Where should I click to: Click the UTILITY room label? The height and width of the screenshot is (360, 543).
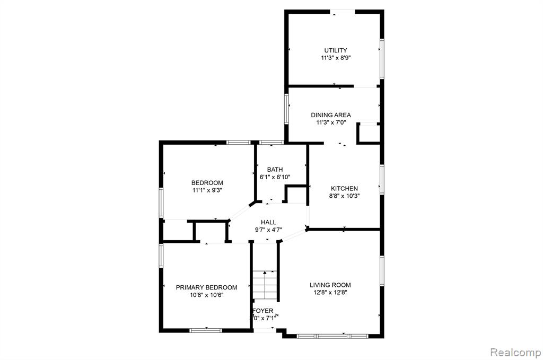[x=336, y=50]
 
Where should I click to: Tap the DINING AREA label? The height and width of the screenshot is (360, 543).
[x=331, y=115]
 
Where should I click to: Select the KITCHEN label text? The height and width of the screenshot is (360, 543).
[x=344, y=188]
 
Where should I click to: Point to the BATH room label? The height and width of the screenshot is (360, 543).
[x=275, y=169]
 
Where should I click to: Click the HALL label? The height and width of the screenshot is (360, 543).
[x=268, y=222]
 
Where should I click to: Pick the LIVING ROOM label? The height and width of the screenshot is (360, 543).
[x=330, y=285]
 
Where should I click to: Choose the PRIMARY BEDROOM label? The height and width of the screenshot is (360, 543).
[x=206, y=287]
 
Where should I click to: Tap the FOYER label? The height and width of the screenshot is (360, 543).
[x=263, y=311]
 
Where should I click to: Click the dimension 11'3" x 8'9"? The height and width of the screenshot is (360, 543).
[x=336, y=58]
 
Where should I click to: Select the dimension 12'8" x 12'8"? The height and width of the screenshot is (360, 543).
[x=330, y=293]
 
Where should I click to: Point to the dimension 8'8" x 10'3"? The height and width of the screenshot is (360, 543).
[x=344, y=196]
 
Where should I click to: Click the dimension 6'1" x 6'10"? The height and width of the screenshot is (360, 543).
[x=275, y=177]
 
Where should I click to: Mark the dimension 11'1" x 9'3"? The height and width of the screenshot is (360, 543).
[x=207, y=190]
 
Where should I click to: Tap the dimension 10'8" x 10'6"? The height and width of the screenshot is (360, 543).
[x=206, y=295]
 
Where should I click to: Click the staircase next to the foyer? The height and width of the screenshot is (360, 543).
[x=265, y=285]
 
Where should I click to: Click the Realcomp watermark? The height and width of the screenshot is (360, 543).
[x=515, y=353]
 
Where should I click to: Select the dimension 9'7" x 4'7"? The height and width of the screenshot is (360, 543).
[x=268, y=230]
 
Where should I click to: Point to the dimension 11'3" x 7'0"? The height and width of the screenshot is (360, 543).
[x=331, y=122]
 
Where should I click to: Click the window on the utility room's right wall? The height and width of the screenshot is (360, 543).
[x=382, y=59]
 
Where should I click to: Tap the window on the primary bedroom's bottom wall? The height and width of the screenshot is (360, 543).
[x=206, y=330]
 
